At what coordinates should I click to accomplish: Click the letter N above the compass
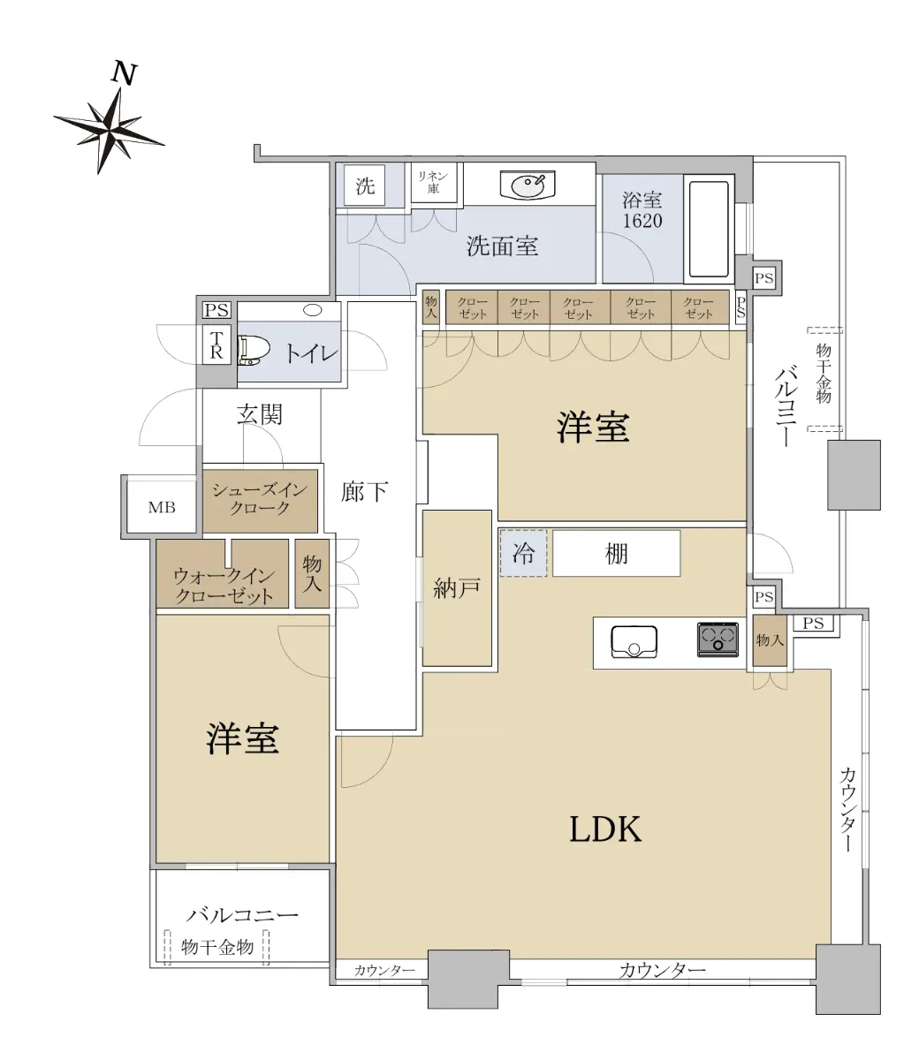pos(125,73)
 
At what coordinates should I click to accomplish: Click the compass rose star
pos(109,129)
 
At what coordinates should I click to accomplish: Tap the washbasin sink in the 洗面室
pos(528,184)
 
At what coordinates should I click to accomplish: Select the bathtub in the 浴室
pos(709,229)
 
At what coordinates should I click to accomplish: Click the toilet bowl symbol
pos(254,350)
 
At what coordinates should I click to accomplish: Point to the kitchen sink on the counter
pos(634,642)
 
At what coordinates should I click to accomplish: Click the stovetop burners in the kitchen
pos(718,640)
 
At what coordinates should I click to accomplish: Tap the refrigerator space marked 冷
pos(523,553)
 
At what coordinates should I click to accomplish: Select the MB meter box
pos(162,507)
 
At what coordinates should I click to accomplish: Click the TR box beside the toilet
pos(216,345)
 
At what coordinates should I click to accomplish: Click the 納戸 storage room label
pos(456,588)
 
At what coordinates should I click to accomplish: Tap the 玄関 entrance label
pos(260,414)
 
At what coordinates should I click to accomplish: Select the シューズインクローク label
pos(260,499)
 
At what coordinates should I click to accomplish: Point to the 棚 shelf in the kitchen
pos(616,553)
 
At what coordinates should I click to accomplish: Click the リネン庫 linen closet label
pos(433,183)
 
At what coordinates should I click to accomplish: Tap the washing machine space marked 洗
pos(365,185)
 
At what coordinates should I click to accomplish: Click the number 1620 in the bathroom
pos(642,221)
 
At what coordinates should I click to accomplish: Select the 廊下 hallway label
pos(364,491)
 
